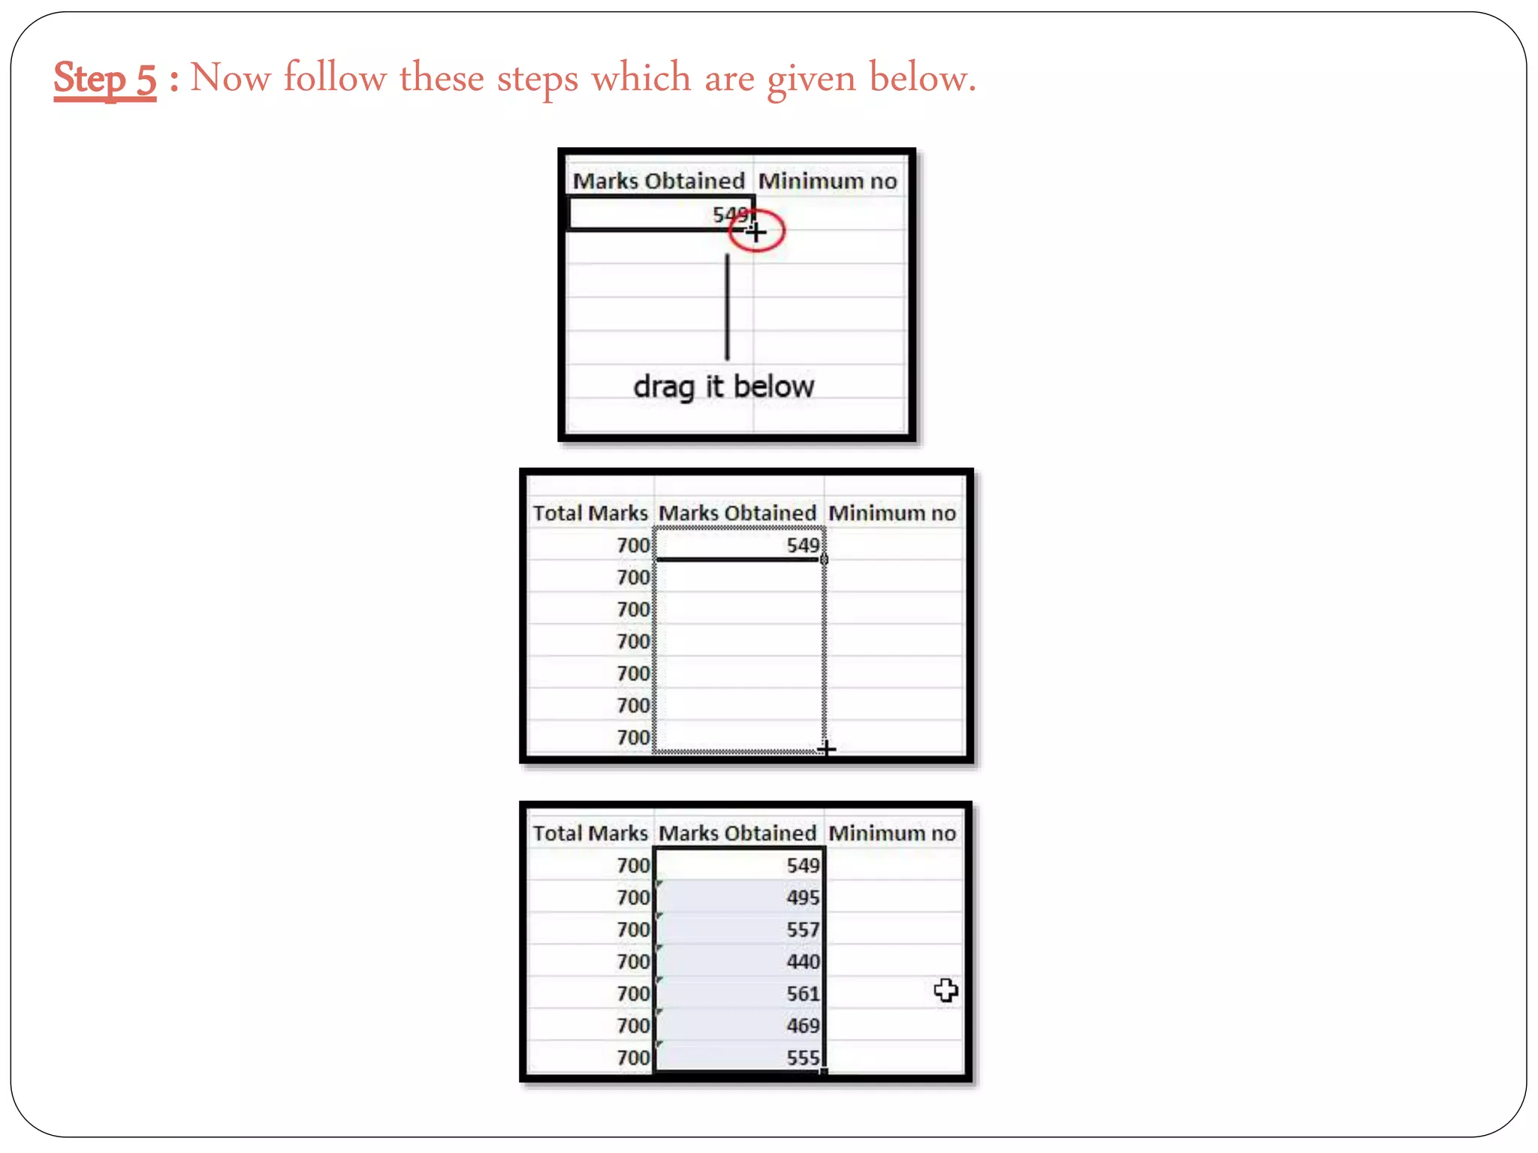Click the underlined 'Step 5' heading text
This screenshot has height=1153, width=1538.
105,78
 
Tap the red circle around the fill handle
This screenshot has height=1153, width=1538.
756,231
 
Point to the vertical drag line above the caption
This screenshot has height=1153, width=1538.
727,308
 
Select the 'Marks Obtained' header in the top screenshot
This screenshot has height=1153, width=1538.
659,181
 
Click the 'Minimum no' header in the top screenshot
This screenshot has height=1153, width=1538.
828,181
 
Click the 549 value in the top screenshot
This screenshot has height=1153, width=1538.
730,215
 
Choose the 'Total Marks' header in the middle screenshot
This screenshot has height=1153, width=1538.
590,513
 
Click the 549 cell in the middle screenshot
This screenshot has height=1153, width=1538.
802,545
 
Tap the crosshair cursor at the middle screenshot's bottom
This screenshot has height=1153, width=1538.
826,748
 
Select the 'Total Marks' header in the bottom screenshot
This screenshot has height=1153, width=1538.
590,833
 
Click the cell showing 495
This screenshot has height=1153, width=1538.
802,898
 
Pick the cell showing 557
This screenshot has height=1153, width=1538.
802,930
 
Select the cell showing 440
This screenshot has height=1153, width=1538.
802,962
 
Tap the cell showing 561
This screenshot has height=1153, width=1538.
802,994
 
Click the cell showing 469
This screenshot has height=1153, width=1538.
802,1026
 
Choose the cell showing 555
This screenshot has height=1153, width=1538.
802,1058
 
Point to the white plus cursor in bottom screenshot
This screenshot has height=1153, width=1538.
945,991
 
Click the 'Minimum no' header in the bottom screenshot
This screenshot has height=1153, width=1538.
892,833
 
